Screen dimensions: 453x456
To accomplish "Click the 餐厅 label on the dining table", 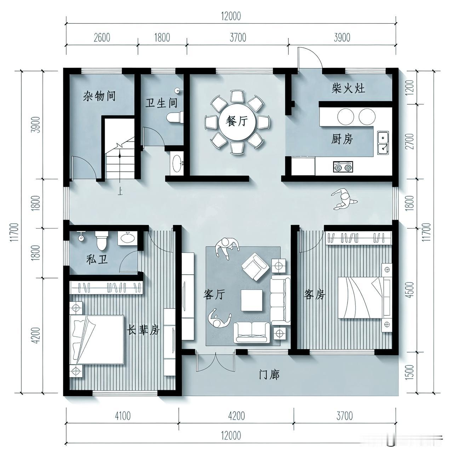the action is click(x=236, y=121).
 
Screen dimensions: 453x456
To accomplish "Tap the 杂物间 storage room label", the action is click(x=99, y=96).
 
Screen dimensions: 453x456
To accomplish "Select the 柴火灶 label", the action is click(x=348, y=88).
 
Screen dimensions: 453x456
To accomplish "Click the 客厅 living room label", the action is click(x=214, y=295).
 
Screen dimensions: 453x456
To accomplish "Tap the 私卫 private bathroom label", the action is click(x=97, y=260).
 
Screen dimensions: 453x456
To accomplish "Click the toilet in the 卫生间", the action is click(x=175, y=117).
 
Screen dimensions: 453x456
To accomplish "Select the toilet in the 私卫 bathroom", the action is click(x=102, y=241).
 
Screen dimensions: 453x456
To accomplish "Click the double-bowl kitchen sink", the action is click(x=383, y=142).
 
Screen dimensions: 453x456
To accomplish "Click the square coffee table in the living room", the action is click(x=252, y=300).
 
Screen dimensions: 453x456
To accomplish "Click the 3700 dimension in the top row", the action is click(x=238, y=37).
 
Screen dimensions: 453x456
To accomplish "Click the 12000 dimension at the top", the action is click(x=231, y=16).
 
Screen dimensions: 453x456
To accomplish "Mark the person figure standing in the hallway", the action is click(x=344, y=199).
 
